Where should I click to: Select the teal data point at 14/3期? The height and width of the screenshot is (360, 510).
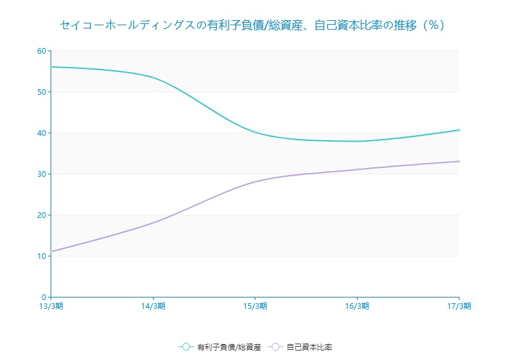(x=153, y=77)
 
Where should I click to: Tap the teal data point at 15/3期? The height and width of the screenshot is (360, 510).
(x=255, y=132)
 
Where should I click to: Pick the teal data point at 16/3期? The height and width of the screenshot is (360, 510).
(x=357, y=141)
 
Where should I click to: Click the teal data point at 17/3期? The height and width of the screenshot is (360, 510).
(x=459, y=130)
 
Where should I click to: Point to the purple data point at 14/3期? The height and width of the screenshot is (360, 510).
(x=153, y=223)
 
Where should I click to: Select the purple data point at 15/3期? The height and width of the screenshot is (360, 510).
(x=255, y=182)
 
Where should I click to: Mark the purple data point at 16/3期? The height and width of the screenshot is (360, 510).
(x=357, y=169)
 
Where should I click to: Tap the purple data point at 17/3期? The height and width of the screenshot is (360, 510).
(x=459, y=161)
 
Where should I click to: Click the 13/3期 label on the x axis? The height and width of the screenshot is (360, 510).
(x=51, y=306)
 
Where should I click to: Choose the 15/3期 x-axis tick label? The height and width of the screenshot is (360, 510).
(x=255, y=306)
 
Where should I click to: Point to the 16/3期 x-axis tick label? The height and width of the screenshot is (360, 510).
(x=357, y=306)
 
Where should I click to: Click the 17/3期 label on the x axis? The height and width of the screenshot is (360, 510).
(x=459, y=306)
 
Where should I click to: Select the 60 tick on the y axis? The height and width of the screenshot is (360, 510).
(x=42, y=51)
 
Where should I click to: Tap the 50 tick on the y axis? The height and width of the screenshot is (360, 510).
(x=42, y=92)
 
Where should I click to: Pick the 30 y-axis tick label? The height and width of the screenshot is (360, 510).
(x=42, y=174)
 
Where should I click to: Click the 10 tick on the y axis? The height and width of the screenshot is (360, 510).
(x=42, y=256)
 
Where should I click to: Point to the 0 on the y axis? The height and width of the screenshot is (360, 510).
(x=44, y=297)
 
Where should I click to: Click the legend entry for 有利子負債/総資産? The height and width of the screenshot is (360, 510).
(x=221, y=347)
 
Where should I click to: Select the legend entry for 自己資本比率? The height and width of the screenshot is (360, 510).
(x=301, y=347)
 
